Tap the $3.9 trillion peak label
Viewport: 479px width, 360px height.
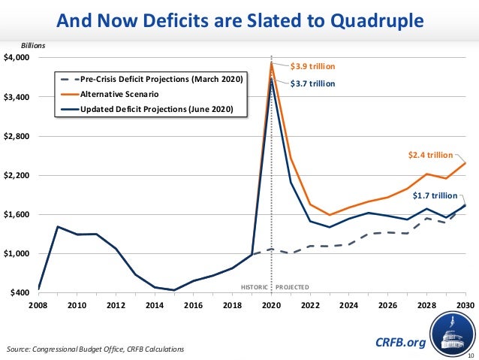click(312, 66)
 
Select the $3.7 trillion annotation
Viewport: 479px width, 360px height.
click(312, 83)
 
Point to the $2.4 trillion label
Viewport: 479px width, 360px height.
click(430, 155)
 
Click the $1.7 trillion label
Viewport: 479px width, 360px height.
click(435, 195)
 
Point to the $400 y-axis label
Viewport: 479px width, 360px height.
click(20, 292)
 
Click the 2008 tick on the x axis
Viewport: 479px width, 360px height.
click(38, 305)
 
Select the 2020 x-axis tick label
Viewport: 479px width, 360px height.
click(271, 305)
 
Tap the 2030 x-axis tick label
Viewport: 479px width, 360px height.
click(465, 305)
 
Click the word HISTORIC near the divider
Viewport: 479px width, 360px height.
click(254, 287)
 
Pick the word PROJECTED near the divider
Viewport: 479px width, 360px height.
click(292, 287)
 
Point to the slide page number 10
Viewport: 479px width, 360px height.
click(471, 354)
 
